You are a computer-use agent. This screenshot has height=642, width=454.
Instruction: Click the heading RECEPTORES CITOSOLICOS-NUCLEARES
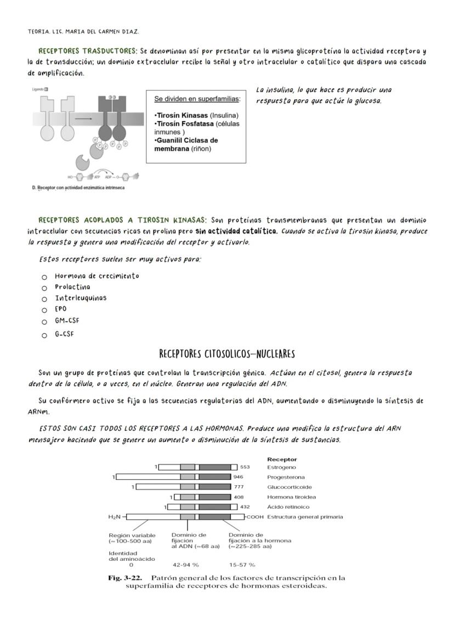(x=227, y=353)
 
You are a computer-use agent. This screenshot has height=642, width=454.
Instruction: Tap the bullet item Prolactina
(x=72, y=287)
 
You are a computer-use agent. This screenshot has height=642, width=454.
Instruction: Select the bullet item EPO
(x=61, y=309)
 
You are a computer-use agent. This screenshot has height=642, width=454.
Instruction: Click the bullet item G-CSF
(x=64, y=334)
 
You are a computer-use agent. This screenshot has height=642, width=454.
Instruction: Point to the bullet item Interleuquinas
(x=81, y=298)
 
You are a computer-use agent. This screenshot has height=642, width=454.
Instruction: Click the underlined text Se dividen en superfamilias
(x=197, y=99)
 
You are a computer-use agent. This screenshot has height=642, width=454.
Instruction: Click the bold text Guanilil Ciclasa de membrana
(x=186, y=144)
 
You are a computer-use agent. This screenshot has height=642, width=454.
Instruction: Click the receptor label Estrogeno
(x=281, y=468)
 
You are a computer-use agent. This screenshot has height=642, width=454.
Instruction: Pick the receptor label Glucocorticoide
(x=289, y=487)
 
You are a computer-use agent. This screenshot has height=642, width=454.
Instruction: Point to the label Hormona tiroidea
(x=291, y=497)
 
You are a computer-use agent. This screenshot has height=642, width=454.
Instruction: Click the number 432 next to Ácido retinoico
(x=245, y=507)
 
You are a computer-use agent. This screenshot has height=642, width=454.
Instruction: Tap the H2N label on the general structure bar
(x=115, y=516)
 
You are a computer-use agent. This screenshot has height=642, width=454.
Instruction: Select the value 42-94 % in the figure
(x=185, y=564)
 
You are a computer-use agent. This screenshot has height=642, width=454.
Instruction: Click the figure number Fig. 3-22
(x=126, y=578)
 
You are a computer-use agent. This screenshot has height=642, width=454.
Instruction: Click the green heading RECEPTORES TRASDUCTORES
(x=88, y=51)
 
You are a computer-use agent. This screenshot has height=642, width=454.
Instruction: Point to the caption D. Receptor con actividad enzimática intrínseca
(x=77, y=188)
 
